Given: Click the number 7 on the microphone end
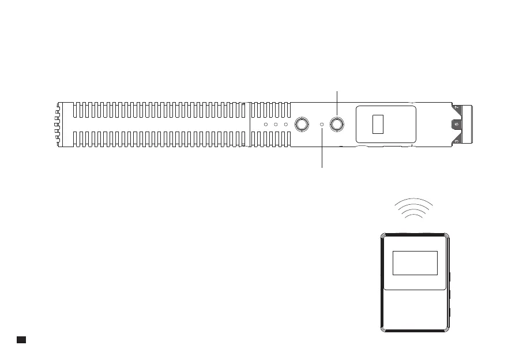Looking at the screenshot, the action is coord(457,107).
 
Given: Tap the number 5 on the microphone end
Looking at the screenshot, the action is coord(456,123).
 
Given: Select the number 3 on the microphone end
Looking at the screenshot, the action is coord(456,140).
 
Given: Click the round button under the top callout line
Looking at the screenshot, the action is coord(337,123).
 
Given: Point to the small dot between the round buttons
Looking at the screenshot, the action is coord(322,124).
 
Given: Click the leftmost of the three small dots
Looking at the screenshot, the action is coord(266,125).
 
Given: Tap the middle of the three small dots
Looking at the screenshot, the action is coord(276,125).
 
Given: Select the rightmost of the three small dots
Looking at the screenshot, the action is coord(285,125).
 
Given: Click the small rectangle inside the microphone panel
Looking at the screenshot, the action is coord(378,124).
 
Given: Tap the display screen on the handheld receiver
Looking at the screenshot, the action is coord(415,263).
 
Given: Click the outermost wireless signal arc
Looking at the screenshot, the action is coord(412,201).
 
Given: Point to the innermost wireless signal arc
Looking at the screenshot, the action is coord(412,217).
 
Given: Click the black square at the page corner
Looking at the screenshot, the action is coord(20,339).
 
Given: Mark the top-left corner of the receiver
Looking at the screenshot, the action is coord(383,235).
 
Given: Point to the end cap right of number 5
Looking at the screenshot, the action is coord(468,123).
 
